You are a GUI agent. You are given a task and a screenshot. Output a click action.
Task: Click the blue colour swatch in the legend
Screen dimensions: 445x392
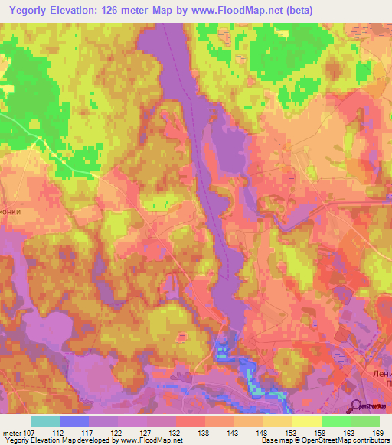[74, 421]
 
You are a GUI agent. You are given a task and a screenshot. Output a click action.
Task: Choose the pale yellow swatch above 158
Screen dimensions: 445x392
[307, 421]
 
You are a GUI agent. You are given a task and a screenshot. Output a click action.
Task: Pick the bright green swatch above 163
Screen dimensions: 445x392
[335, 421]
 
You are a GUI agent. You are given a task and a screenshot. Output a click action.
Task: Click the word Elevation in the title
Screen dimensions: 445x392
[90, 10]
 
